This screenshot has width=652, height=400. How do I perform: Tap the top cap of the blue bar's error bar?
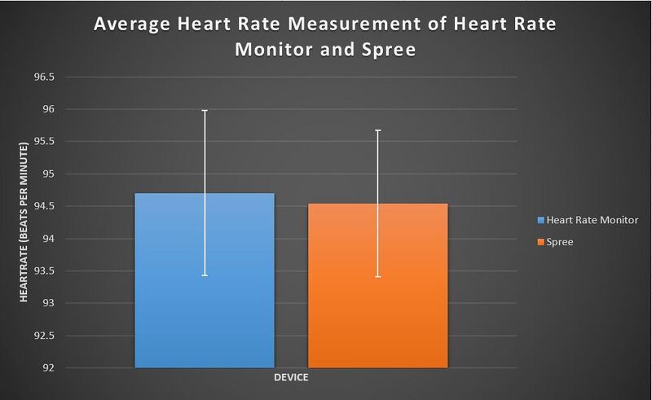pos(204,110)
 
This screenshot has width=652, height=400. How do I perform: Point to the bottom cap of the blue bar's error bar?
pos(204,275)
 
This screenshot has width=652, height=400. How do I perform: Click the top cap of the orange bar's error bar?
pos(377,130)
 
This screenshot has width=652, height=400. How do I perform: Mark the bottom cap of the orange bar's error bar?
pos(377,277)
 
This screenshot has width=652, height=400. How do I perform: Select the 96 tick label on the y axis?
pos(49,109)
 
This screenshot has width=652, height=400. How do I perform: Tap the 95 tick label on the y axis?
pos(49,174)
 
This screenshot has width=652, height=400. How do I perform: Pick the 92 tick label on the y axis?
pos(49,368)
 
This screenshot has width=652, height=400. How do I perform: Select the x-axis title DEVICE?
pos(290,379)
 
